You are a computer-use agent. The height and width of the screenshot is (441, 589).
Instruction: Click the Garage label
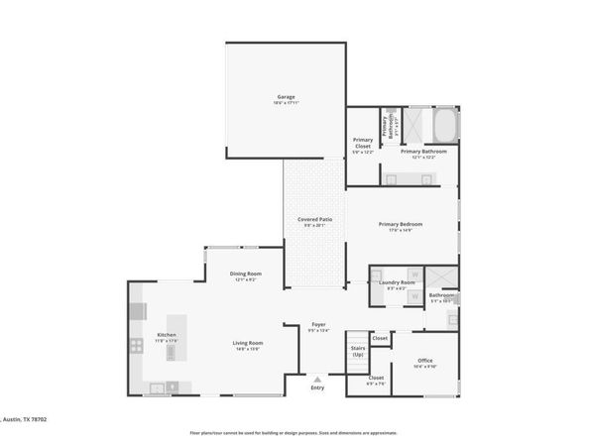pos(287,97)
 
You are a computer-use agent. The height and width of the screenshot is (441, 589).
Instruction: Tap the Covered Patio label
pos(314,219)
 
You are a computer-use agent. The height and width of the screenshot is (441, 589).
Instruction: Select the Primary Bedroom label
pos(401,224)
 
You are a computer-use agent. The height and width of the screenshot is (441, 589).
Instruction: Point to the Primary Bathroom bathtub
pos(444,125)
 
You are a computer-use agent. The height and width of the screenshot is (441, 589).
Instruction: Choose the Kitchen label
pos(167,335)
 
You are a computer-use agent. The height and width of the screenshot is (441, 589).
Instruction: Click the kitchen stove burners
pos(136,346)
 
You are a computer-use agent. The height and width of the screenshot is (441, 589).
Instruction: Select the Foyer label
pos(318,325)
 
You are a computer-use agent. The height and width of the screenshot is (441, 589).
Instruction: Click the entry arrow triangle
pos(317,378)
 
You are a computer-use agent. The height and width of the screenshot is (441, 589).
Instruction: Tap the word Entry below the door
pos(317,387)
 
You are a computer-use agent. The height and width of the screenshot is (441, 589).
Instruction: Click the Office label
pos(424,360)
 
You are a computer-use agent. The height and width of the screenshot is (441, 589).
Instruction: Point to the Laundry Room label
pos(397,282)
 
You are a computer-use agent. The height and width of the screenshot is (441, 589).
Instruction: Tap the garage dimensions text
pos(287,103)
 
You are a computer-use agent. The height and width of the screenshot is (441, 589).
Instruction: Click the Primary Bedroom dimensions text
pos(401,231)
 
